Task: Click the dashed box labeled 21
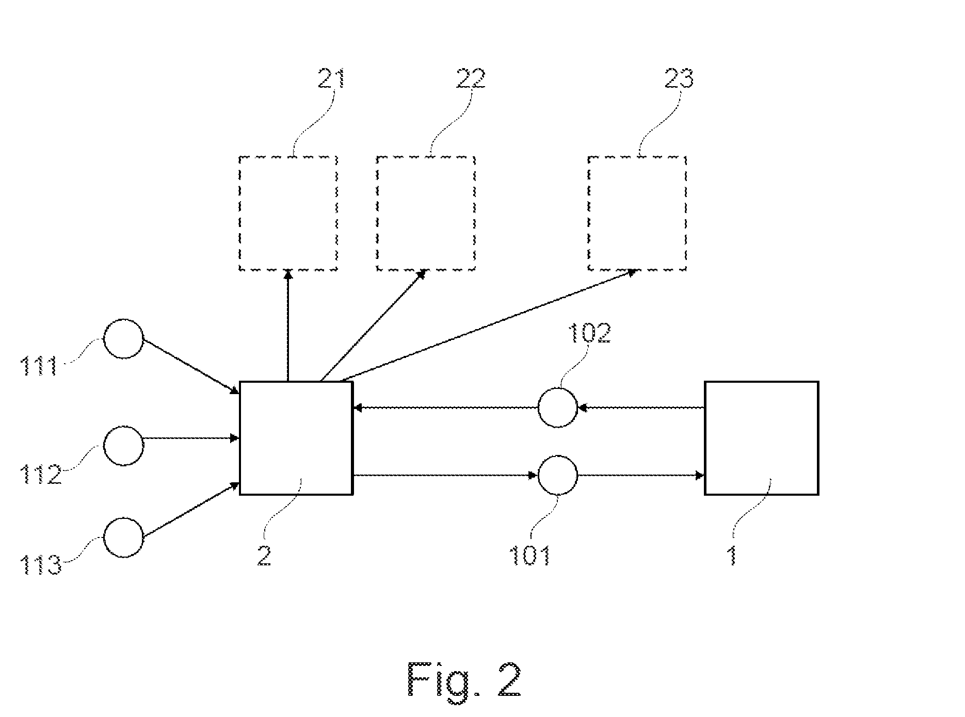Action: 239,213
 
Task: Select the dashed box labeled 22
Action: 377,213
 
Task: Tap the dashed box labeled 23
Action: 589,213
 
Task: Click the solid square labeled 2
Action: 240,438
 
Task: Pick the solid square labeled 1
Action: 706,438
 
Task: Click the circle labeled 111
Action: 105,339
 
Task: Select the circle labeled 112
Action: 105,446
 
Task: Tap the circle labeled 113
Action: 105,537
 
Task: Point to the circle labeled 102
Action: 539,408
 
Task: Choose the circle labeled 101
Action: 539,475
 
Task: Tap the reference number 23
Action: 678,79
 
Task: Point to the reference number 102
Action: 589,334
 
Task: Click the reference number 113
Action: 41,564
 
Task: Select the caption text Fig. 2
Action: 464,679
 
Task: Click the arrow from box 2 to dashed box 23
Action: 488,325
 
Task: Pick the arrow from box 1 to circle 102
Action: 641,408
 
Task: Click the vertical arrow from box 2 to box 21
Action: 288,325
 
